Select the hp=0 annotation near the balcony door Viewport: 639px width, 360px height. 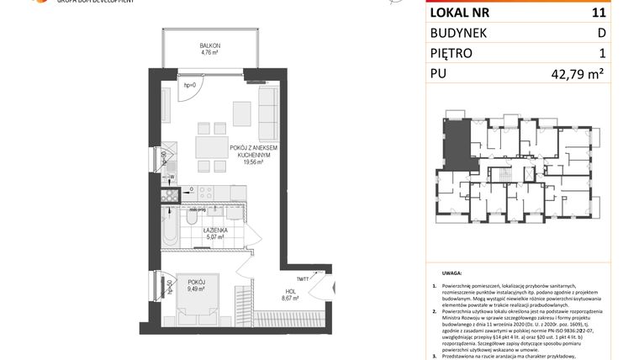pyautogui.click(x=189, y=85)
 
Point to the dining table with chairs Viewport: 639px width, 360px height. pyautogui.click(x=209, y=146)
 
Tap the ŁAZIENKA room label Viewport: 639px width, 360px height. pyautogui.click(x=218, y=230)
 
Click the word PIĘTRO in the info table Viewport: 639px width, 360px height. pyautogui.click(x=451, y=53)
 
